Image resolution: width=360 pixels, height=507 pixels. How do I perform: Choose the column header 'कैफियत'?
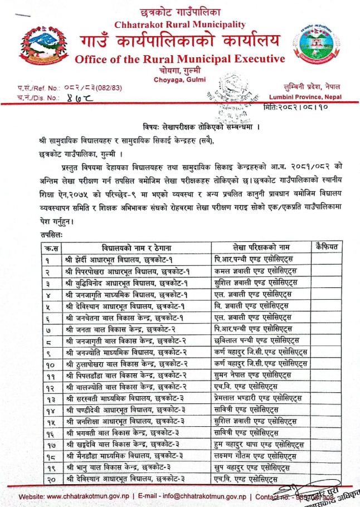(328, 246)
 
